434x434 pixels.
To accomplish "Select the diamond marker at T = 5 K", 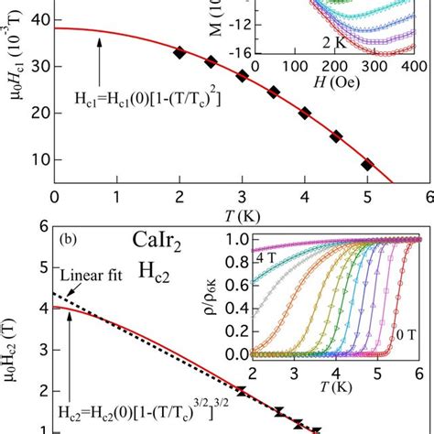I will pos(367,165).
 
